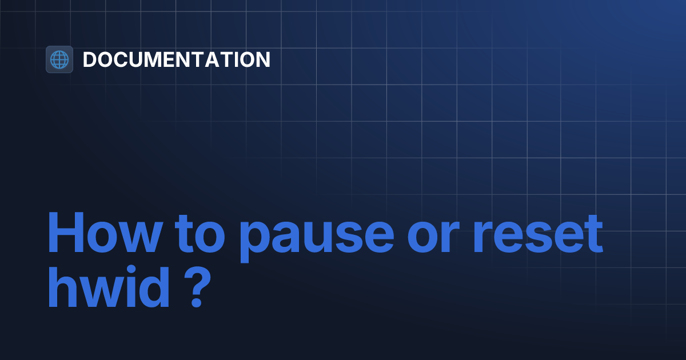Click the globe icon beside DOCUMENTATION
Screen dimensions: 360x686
click(x=59, y=59)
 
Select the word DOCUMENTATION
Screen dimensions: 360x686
click(x=177, y=59)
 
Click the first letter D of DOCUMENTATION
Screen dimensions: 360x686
click(x=90, y=59)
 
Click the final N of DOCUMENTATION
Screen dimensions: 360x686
click(x=263, y=59)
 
